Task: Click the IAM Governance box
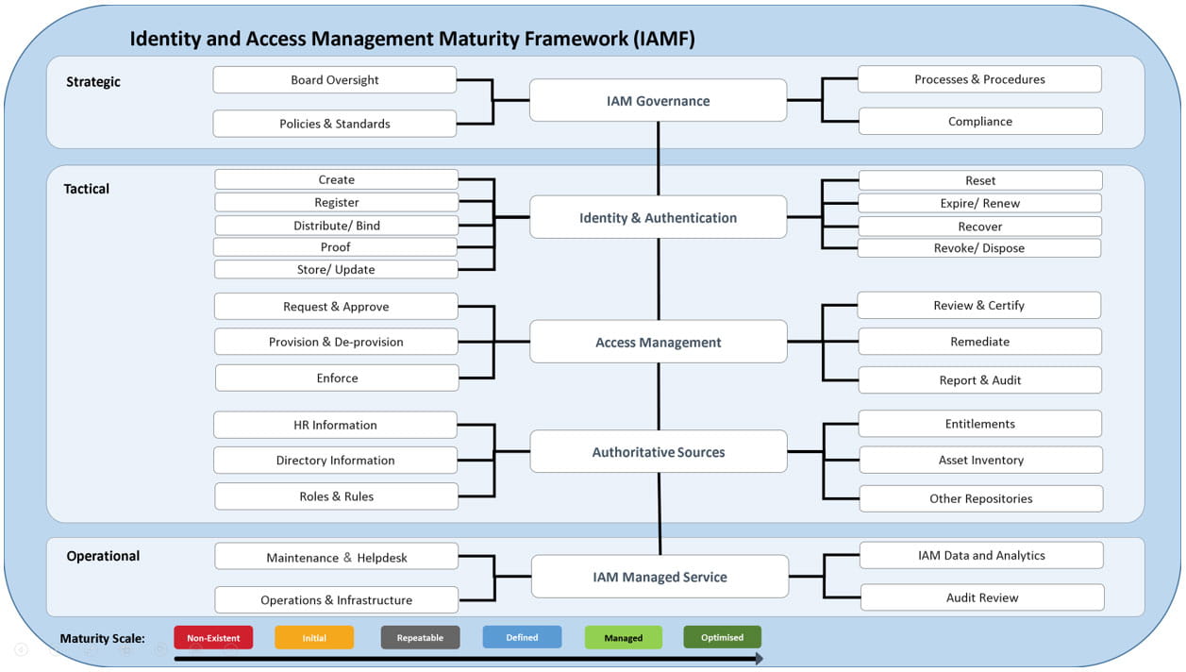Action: pyautogui.click(x=659, y=100)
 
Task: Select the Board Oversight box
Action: pyautogui.click(x=335, y=80)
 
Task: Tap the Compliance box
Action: pyautogui.click(x=980, y=121)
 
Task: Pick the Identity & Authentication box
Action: pyautogui.click(x=659, y=217)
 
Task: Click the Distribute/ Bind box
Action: pyautogui.click(x=336, y=226)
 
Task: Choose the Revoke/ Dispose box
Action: pyautogui.click(x=979, y=248)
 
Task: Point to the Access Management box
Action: pyautogui.click(x=659, y=342)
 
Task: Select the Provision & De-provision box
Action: pyautogui.click(x=336, y=342)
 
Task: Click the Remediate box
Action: pyautogui.click(x=979, y=342)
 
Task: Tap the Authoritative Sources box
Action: pyautogui.click(x=659, y=452)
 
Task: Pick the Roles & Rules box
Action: pyautogui.click(x=336, y=496)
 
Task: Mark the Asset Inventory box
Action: pyautogui.click(x=980, y=460)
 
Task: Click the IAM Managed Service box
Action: pyautogui.click(x=660, y=577)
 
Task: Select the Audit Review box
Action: pyautogui.click(x=982, y=597)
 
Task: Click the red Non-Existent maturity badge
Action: pyautogui.click(x=213, y=638)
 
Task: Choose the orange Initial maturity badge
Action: pyautogui.click(x=314, y=638)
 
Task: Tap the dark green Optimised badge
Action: pyautogui.click(x=722, y=637)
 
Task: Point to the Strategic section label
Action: pyautogui.click(x=93, y=82)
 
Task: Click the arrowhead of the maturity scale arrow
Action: pyautogui.click(x=760, y=659)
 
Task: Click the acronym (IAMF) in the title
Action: pyautogui.click(x=664, y=39)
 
